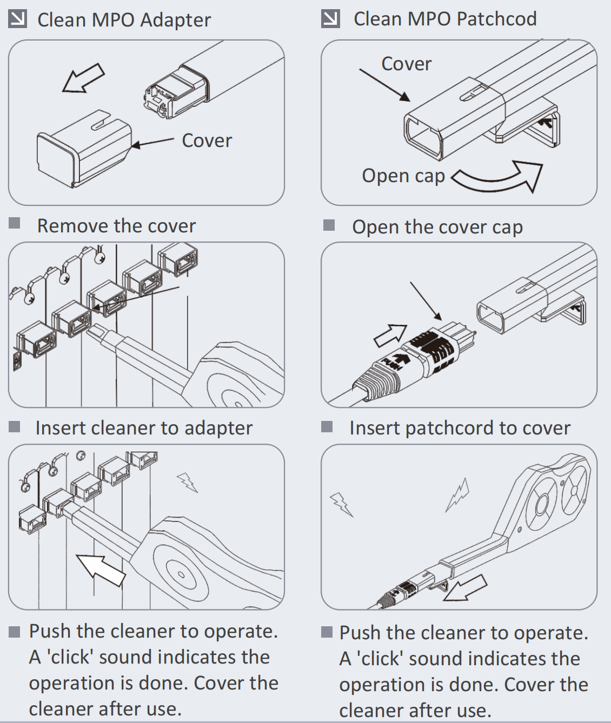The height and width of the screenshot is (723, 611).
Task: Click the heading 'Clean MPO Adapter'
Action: (124, 20)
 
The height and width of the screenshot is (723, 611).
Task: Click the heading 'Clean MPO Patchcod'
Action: (444, 19)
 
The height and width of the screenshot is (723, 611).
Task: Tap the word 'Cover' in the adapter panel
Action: (207, 140)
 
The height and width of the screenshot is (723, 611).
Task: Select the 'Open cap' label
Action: (403, 176)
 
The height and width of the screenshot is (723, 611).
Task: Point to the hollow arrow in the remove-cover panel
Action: (83, 77)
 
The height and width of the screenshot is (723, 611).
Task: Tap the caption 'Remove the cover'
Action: (116, 226)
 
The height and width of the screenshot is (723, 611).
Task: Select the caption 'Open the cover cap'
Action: (437, 227)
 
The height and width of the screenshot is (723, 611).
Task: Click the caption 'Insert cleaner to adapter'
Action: (144, 428)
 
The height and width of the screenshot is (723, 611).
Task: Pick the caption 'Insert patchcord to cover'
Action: (460, 428)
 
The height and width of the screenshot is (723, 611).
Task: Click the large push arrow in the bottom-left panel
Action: (101, 569)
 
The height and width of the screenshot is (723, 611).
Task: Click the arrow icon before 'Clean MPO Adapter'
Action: (17, 19)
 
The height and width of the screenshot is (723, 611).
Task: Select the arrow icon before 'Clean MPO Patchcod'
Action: (330, 19)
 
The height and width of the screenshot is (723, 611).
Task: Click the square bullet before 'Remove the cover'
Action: (15, 223)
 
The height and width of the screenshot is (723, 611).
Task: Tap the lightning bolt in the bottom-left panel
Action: (188, 481)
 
